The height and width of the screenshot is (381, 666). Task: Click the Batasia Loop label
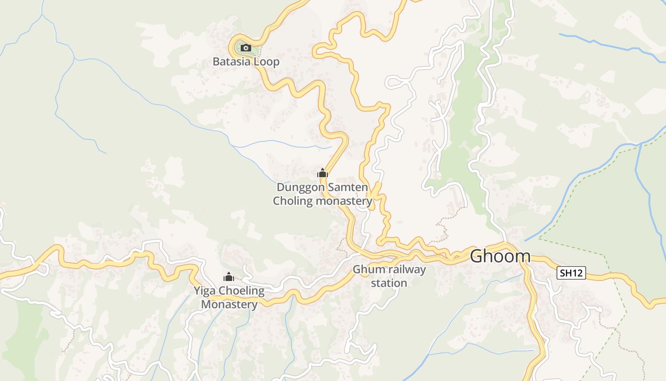coord(245,62)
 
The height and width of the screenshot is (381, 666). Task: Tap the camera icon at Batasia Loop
coord(245,48)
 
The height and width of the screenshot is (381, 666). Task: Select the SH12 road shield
coord(571,273)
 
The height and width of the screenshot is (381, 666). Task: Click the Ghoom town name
coord(500,256)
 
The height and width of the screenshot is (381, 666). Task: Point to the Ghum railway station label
coord(389,276)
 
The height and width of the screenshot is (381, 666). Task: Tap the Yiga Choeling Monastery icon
coord(229,277)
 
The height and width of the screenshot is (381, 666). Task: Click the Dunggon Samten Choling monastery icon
coord(323,173)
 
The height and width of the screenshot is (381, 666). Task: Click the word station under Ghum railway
coord(389,283)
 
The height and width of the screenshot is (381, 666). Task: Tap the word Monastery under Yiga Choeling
coord(229,304)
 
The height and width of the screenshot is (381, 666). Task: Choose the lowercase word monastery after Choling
coord(344,201)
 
